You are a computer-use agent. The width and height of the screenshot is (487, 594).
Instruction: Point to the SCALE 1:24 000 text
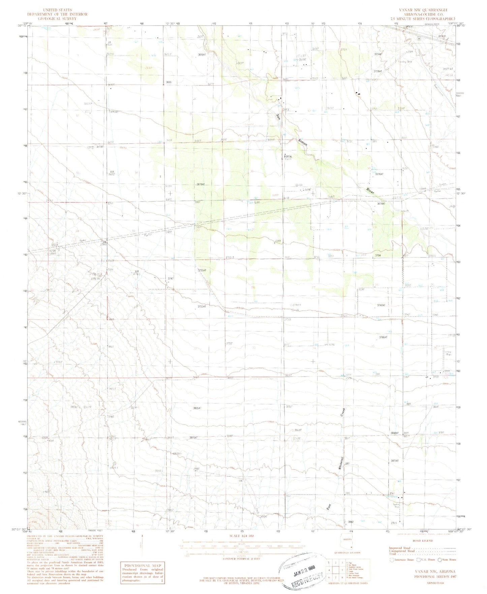242,536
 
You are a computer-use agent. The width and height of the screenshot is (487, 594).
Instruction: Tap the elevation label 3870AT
195,438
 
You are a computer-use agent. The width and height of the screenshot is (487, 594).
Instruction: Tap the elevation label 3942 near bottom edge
351,522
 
